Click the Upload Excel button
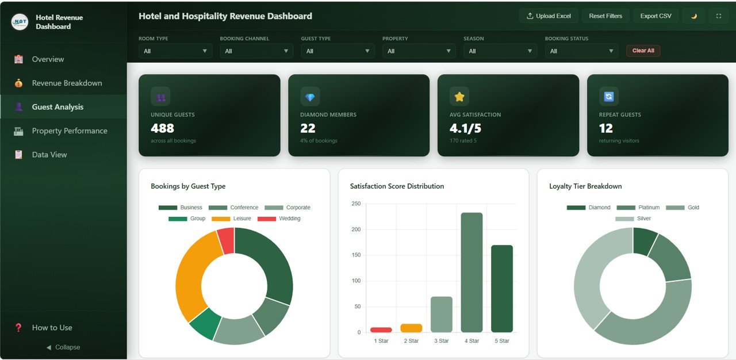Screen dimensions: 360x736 pos(549,16)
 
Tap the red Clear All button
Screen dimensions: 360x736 pos(643,51)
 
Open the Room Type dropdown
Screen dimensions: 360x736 pos(175,51)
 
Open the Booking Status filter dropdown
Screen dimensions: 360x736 pos(581,51)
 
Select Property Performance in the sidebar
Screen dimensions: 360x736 pos(69,131)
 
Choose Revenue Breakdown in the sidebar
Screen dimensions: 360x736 pos(67,83)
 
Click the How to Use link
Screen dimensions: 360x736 pos(52,328)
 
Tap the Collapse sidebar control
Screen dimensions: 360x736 pos(63,347)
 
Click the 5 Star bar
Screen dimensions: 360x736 pos(501,288)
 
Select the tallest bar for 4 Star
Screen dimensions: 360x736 pos(471,272)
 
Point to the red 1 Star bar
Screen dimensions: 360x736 pos(381,330)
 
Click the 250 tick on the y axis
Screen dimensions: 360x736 pos(356,204)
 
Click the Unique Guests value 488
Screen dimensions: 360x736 pos(162,128)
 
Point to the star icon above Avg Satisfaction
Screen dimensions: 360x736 pos(459,97)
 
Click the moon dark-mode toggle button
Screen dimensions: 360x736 pos(693,16)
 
